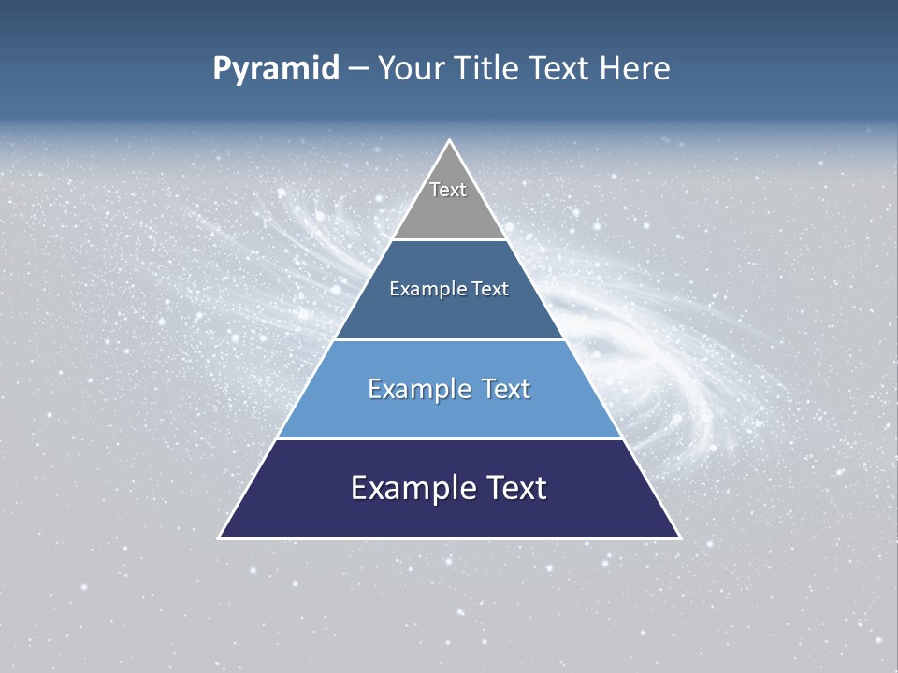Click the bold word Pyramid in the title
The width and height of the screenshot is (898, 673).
(276, 69)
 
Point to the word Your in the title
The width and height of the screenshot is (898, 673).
(411, 69)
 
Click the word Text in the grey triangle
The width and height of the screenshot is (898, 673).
(448, 190)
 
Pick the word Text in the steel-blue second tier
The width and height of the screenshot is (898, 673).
(490, 290)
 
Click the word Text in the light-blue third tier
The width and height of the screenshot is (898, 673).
(505, 389)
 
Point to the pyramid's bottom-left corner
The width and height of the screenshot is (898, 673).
(220, 537)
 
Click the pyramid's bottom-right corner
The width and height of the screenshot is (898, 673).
(679, 537)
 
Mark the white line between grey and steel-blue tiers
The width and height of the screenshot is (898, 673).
(449, 239)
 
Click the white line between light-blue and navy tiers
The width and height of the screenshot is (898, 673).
(449, 438)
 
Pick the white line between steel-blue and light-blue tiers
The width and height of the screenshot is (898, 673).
(449, 339)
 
